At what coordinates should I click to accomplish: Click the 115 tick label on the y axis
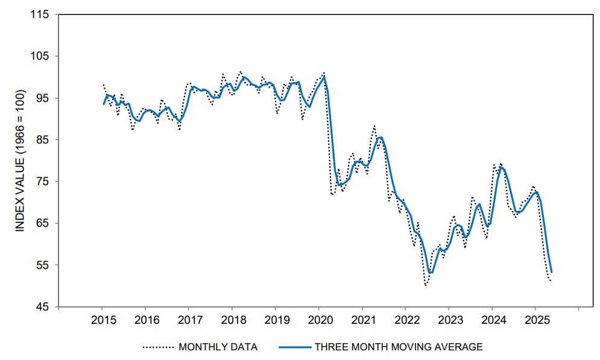pos(40,14)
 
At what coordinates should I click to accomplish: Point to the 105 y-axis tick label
pos(40,56)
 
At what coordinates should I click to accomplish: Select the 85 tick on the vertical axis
pos(43,140)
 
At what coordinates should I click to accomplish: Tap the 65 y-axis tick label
pos(43,223)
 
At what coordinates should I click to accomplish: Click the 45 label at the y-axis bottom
pos(43,307)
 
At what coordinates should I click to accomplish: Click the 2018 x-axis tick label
pos(232,319)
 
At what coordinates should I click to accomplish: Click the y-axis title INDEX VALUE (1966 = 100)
pos(20,160)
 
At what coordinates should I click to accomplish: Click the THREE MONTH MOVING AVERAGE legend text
pos(400,347)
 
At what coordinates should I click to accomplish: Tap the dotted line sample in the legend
pos(158,347)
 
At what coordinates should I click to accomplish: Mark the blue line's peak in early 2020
pos(324,77)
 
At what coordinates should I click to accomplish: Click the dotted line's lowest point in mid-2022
pos(426,285)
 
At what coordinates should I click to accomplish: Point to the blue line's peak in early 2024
pos(500,167)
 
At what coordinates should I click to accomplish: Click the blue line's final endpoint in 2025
pos(551,272)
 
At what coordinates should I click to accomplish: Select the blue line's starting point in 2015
pos(103,104)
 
